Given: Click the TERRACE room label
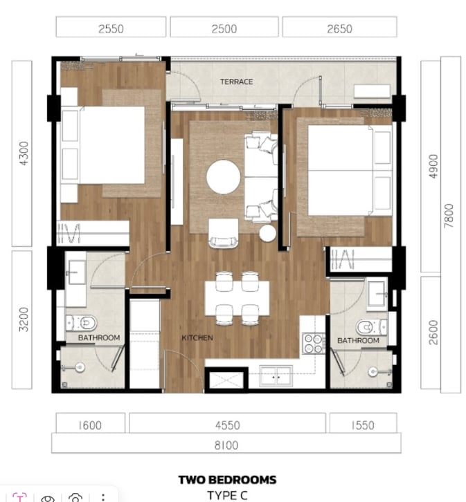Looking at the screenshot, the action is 236,82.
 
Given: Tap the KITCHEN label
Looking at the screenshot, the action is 197,337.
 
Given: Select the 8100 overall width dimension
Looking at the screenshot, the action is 226,445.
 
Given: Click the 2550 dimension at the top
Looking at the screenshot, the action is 111,29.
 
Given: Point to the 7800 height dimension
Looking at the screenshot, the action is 449,216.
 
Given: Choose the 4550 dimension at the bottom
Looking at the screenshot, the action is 228,425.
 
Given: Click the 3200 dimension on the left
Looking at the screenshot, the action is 24,319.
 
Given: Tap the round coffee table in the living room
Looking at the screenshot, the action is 224,177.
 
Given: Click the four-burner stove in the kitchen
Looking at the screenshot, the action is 314,344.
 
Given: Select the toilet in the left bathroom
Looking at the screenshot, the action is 82,323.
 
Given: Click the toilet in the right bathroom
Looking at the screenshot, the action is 372,327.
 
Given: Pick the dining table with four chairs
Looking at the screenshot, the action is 237,298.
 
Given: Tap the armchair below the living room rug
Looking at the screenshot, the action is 224,233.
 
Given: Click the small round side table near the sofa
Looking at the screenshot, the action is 267,233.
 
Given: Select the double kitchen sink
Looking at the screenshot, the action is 276,376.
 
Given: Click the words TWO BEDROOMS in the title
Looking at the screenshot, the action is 228,480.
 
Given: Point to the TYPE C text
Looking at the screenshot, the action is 228,495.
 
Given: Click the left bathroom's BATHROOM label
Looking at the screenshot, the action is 99,337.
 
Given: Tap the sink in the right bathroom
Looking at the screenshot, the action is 377,295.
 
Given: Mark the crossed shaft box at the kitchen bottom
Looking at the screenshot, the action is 226,380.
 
